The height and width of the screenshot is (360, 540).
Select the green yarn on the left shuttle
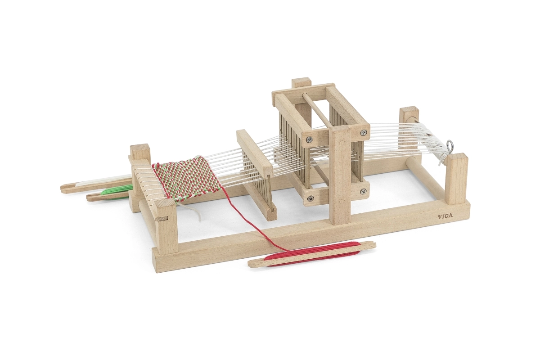(117, 190)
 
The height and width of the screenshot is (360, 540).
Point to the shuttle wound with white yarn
(96, 183)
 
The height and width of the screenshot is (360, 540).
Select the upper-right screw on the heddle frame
(363, 132)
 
